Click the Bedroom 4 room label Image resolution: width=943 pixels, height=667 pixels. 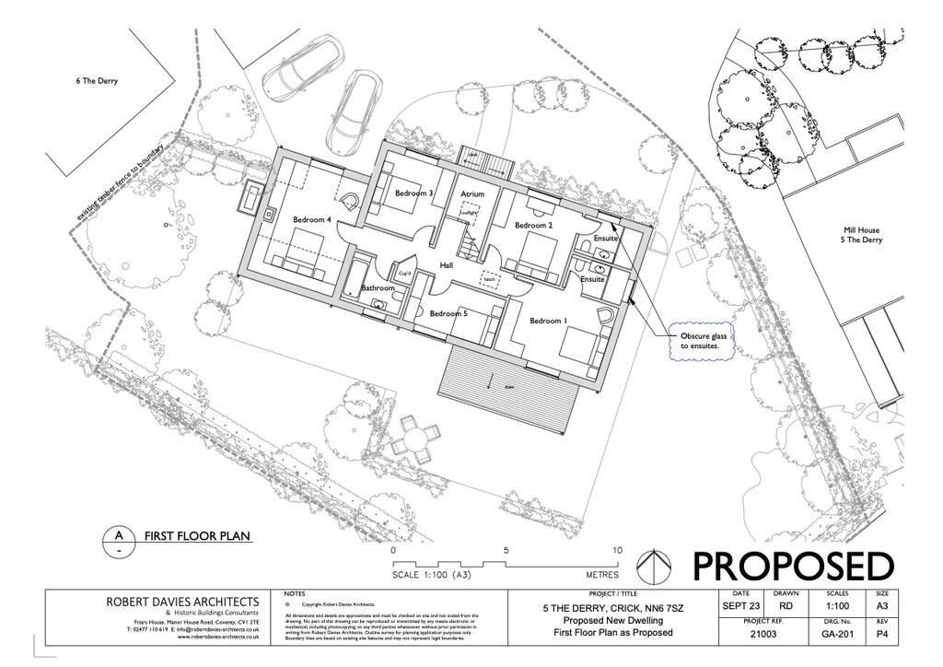point(312,220)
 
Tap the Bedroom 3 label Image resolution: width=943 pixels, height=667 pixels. point(413,193)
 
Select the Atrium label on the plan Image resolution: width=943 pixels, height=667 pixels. point(472,194)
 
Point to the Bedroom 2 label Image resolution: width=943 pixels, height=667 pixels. point(533,226)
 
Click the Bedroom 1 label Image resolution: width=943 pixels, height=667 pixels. point(547,321)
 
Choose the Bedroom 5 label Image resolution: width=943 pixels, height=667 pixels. point(448,314)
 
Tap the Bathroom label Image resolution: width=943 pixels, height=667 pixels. point(378,288)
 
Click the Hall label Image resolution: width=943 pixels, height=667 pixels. point(446,265)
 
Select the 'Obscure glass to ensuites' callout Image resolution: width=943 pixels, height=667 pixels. point(704,342)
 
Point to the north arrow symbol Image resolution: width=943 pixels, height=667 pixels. point(652,564)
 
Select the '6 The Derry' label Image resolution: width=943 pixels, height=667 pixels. point(97,81)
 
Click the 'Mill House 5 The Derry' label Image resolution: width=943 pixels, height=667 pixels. point(862,235)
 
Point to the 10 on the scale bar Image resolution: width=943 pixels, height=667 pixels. point(617,550)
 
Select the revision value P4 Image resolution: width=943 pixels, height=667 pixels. point(881,635)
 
